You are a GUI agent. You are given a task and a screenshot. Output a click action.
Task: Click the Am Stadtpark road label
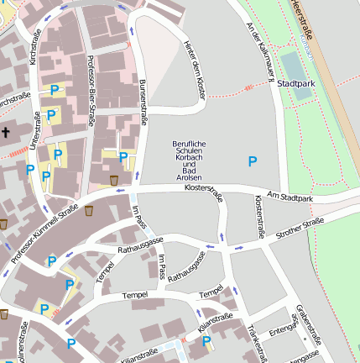click(289, 197)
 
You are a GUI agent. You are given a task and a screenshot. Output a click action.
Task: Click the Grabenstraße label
click(308, 327)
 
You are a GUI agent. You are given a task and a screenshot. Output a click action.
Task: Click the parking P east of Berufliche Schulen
click(253, 160)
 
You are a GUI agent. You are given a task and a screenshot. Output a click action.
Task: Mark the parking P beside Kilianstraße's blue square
click(206, 341)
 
